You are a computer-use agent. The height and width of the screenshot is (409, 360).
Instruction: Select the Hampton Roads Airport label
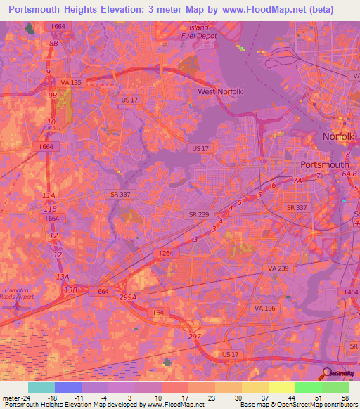[x=15, y=294]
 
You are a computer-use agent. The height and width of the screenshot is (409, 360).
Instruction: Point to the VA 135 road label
[x=70, y=82]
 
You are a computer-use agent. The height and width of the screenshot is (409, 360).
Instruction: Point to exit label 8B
[x=53, y=43]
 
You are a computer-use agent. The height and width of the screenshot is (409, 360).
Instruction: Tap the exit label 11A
[x=49, y=195]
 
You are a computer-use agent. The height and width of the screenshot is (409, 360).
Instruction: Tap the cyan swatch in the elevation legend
[x=41, y=387]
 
